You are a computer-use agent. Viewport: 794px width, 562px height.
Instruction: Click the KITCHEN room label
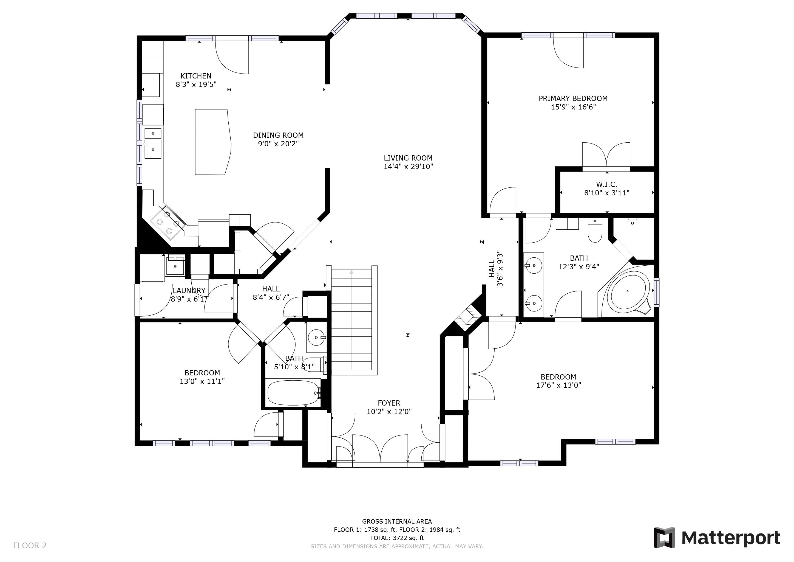click(196, 76)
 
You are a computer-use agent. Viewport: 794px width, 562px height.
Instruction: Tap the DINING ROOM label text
click(278, 135)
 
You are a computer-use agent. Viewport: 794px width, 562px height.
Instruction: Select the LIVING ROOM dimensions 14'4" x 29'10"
click(408, 167)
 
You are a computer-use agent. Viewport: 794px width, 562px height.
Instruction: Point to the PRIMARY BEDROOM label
click(573, 98)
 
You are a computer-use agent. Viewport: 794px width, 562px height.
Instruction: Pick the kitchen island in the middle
click(213, 142)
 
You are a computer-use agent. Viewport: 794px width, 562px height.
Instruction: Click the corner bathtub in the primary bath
click(628, 291)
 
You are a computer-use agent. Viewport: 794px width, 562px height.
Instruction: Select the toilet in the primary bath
click(595, 230)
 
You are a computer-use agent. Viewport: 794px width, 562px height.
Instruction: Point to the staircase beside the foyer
click(351, 320)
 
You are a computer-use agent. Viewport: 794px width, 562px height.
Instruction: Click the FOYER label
click(389, 403)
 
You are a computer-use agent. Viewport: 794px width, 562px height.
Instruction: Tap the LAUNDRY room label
click(189, 291)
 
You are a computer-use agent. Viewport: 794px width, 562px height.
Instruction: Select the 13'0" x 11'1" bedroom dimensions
click(202, 381)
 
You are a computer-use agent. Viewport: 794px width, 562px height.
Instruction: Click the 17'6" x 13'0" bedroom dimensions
click(558, 386)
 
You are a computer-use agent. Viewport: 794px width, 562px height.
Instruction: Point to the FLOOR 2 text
click(30, 546)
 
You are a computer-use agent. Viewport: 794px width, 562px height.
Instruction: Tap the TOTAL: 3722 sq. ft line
click(397, 538)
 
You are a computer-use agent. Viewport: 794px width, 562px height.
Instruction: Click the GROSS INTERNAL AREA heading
click(397, 521)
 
